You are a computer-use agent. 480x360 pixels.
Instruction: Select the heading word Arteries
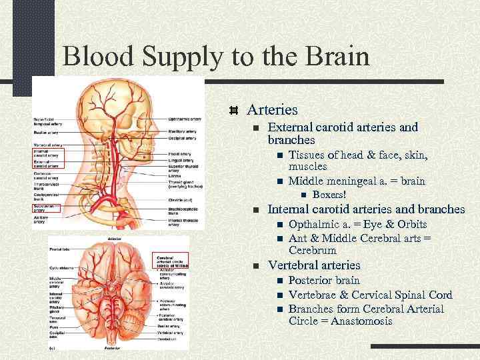[272, 109]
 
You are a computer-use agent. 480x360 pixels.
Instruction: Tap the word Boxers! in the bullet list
[329, 195]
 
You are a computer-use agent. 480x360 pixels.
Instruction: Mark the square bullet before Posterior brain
[281, 281]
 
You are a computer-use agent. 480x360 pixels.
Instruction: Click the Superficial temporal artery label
[46, 122]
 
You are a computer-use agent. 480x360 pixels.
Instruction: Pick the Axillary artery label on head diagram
[44, 217]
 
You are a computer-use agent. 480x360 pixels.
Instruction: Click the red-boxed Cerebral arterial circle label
[172, 260]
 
